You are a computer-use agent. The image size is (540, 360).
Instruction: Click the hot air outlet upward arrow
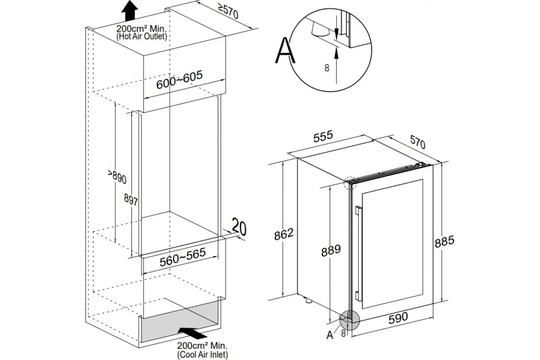coord(130,10)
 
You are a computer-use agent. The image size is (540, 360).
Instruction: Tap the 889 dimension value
coord(331,249)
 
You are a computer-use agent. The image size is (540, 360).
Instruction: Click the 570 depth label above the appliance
coord(417,143)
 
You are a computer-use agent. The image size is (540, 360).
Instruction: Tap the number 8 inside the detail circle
coord(327,68)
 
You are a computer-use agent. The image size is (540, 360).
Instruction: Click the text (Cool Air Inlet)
coord(202,355)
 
